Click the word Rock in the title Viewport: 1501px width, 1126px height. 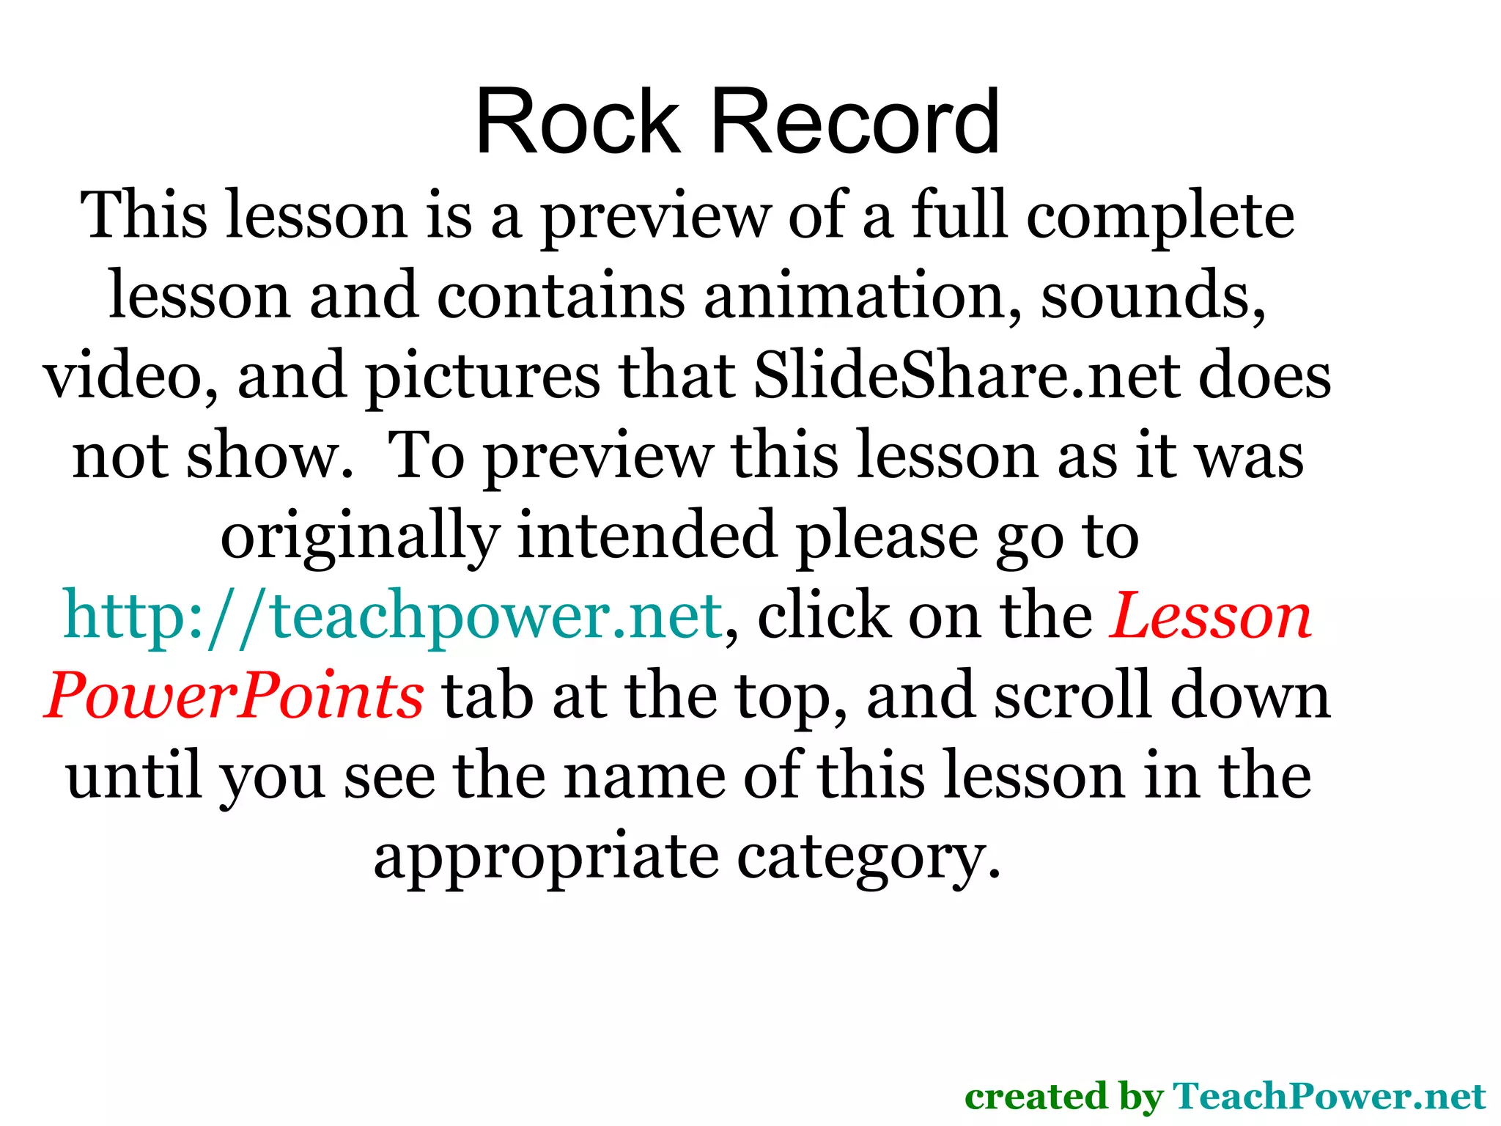point(578,122)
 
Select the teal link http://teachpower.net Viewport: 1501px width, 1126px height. point(394,616)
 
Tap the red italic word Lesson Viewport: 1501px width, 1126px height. point(1210,616)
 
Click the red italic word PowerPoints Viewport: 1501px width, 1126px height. point(234,696)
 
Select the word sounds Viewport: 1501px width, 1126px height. point(1153,296)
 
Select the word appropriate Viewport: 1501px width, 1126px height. point(546,856)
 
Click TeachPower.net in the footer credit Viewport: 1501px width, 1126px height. point(1329,1097)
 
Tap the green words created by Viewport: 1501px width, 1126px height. point(1063,1097)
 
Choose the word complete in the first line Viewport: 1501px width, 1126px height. point(1159,216)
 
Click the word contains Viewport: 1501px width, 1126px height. point(561,296)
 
